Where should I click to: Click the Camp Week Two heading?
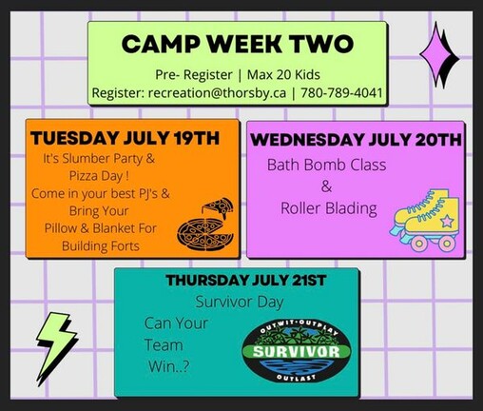[x=238, y=44]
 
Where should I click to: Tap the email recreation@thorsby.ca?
[x=217, y=93]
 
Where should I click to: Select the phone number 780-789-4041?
[x=341, y=92]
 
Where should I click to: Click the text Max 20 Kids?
[x=283, y=74]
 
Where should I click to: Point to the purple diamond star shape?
[x=439, y=54]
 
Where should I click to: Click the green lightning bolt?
[x=56, y=347]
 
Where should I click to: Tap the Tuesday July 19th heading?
[x=125, y=138]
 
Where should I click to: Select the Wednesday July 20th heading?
[x=357, y=140]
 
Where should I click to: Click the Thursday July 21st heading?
[x=246, y=280]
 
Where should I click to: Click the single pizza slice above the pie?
[x=219, y=207]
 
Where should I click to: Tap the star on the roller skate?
[x=447, y=220]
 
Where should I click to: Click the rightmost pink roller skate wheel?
[x=447, y=244]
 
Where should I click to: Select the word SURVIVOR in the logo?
[x=297, y=351]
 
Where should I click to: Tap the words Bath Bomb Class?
[x=326, y=165]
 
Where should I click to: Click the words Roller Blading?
[x=329, y=208]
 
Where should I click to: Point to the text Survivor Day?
[x=240, y=302]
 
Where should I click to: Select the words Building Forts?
[x=101, y=245]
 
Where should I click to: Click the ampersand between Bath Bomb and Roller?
[x=326, y=186]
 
